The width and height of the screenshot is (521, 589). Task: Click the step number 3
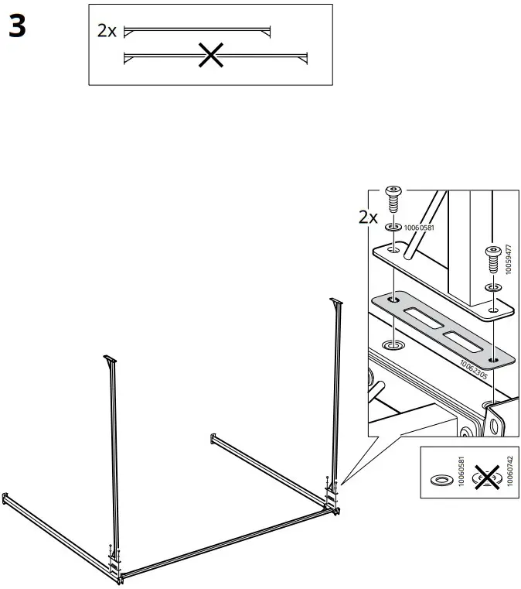[17, 28]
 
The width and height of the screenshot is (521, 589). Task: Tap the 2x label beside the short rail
[107, 31]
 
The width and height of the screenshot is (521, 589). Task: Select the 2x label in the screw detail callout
[369, 217]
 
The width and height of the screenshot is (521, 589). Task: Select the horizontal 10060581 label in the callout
[417, 227]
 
